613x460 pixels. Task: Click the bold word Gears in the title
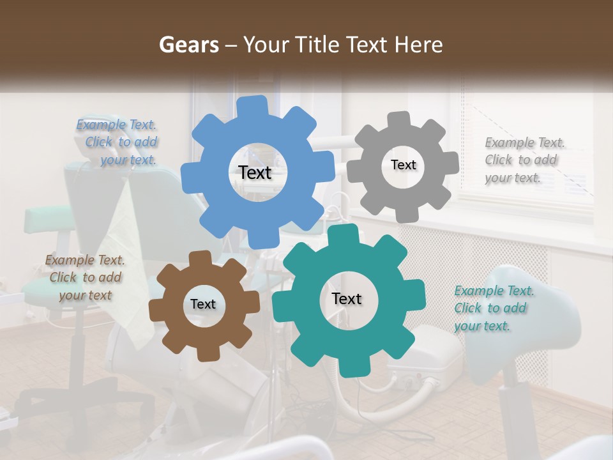coord(188,45)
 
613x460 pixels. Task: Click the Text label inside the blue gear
coord(255,172)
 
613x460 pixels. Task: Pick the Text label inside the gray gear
coord(403,165)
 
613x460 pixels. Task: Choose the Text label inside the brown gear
coord(203,304)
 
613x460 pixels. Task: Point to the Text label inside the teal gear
coord(347,298)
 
